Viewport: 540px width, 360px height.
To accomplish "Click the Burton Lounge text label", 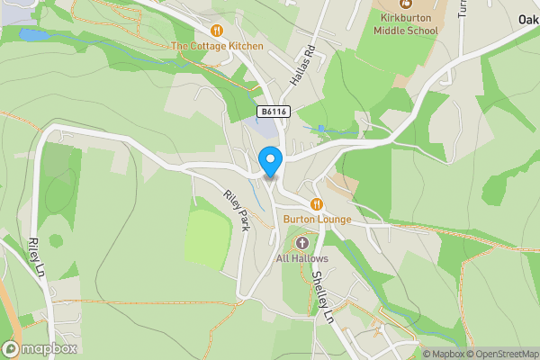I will [x=317, y=220].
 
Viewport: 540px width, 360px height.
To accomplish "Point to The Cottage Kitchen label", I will [x=217, y=46].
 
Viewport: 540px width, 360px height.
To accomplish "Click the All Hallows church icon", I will [x=301, y=243].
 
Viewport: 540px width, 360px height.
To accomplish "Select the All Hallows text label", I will [x=302, y=258].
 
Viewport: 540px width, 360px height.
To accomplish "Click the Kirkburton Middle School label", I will [x=409, y=24].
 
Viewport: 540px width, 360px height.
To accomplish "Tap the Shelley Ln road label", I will [x=322, y=292].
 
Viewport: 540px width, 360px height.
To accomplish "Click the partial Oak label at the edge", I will [x=528, y=19].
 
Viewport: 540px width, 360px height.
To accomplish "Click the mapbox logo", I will [x=40, y=348].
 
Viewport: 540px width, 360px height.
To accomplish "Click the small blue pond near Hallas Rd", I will [x=321, y=130].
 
